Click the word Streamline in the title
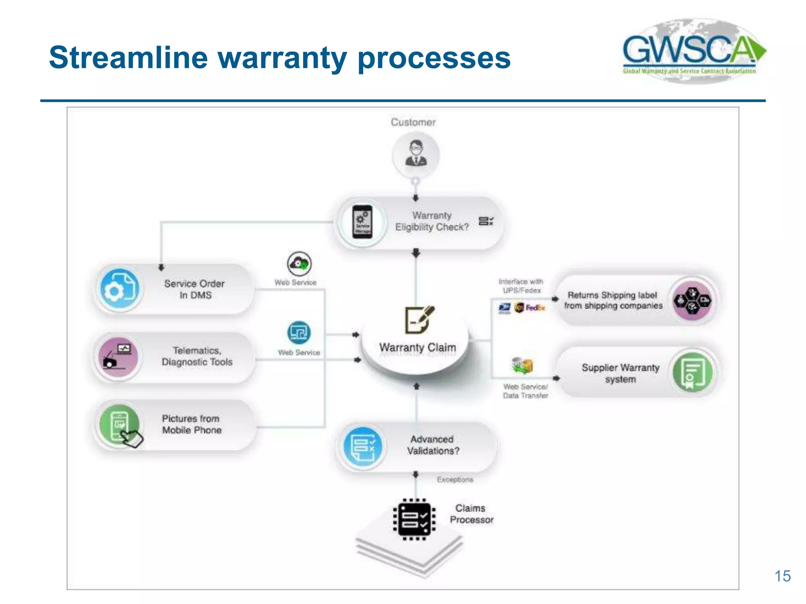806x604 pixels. pos(128,57)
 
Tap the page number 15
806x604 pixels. pos(782,576)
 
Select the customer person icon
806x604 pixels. pos(416,154)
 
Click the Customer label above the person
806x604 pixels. pos(413,122)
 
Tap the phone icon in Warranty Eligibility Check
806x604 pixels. pos(362,222)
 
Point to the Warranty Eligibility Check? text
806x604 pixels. pos(432,221)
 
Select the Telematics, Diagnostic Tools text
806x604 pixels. pos(197,356)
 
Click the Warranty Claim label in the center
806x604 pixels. pos(417,348)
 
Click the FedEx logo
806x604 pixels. pos(535,308)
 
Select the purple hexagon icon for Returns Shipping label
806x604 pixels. pos(692,301)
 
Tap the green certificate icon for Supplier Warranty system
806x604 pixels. pos(692,372)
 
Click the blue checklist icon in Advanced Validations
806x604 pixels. pos(363,447)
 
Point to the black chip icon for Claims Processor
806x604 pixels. pos(414,519)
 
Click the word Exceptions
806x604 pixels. pos(455,480)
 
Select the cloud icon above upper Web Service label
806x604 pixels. pos(299,264)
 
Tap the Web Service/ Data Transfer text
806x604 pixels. pos(525,391)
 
